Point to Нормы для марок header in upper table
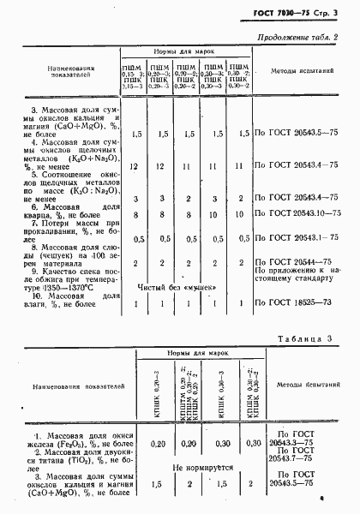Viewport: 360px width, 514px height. tap(184, 51)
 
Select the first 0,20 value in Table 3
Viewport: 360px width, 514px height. tap(158, 444)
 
